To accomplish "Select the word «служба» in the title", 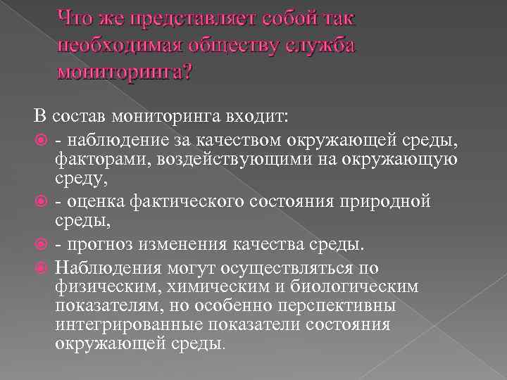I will (x=321, y=46).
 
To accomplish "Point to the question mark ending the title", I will (x=185, y=72).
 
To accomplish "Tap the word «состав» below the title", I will (x=77, y=115).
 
